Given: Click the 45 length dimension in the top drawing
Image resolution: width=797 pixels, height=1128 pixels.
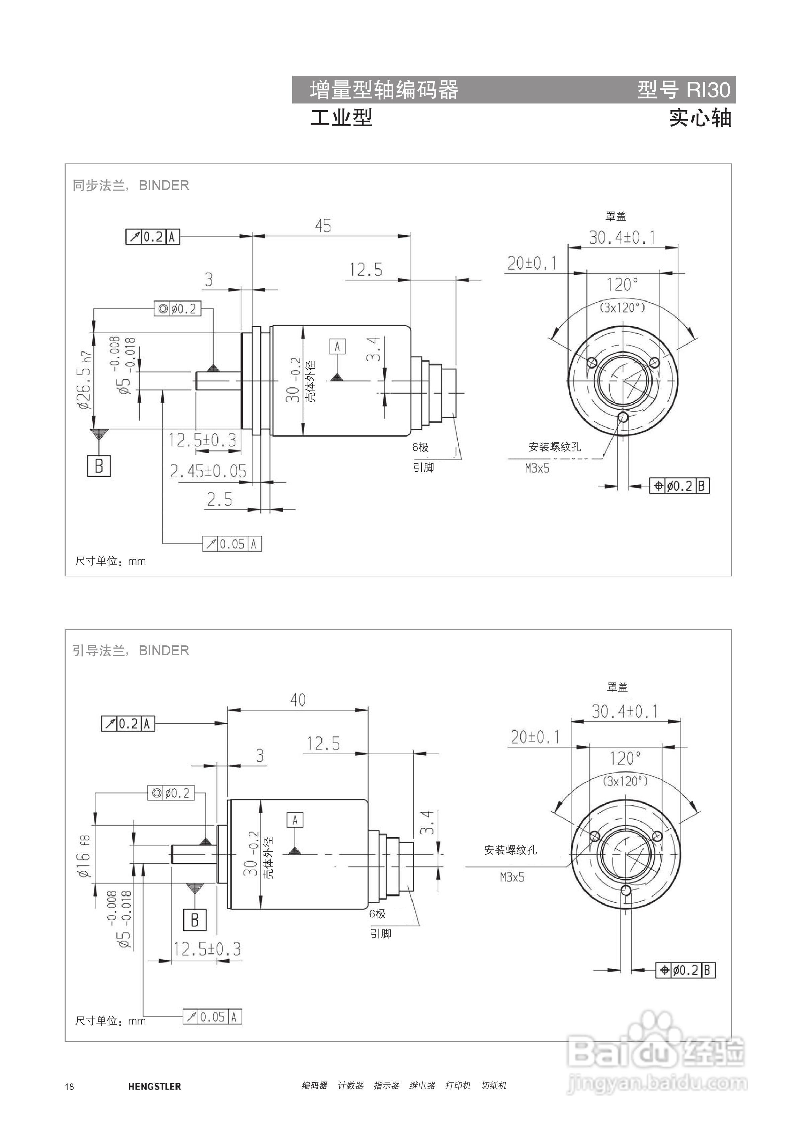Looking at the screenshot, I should pyautogui.click(x=323, y=226).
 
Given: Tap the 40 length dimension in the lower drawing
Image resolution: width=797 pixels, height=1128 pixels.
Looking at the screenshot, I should pyautogui.click(x=298, y=700).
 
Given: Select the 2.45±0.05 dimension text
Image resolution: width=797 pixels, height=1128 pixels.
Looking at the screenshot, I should pyautogui.click(x=208, y=471).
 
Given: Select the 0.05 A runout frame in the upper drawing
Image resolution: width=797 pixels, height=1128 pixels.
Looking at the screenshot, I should pyautogui.click(x=232, y=544).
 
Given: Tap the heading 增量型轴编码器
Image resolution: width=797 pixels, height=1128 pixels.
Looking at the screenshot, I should pyautogui.click(x=384, y=90).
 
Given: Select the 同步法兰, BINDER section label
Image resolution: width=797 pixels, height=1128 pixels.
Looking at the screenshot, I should pyautogui.click(x=131, y=185).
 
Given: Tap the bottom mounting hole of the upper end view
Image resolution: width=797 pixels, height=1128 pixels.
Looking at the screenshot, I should pyautogui.click(x=624, y=417).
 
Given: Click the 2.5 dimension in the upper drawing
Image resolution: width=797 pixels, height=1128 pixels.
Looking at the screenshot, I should pyautogui.click(x=219, y=500).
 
